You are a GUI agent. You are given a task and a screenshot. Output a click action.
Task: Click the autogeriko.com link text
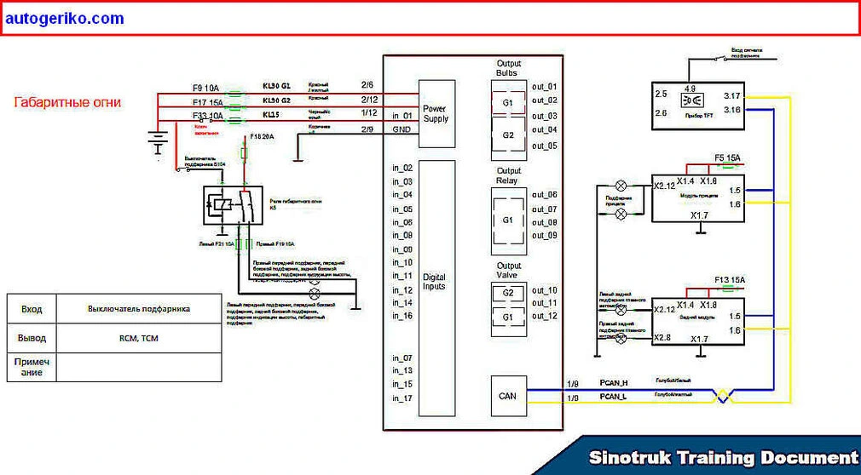pos(65,19)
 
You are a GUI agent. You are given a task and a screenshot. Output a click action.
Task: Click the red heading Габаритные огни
pos(67,102)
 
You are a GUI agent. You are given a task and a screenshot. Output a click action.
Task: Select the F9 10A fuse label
pos(206,88)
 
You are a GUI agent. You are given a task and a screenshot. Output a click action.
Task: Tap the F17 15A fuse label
pos(207,101)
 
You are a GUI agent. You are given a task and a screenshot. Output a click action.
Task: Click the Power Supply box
pos(436,113)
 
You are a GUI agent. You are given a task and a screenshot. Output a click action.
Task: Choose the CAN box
pos(508,396)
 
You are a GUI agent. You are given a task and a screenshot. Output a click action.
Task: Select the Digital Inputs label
pos(434,282)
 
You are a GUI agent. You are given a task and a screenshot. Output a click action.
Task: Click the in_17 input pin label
pos(402,398)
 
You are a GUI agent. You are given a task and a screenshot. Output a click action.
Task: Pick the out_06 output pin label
pos(544,195)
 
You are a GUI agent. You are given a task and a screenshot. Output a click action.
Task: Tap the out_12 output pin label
pos(544,316)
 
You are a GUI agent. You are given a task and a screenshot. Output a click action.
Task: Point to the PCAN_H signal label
pos(613,384)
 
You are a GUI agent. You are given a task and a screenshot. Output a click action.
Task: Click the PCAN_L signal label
pos(613,398)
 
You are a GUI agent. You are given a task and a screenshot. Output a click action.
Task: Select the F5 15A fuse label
pos(727,157)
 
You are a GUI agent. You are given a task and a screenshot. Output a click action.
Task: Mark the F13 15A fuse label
pos(731,280)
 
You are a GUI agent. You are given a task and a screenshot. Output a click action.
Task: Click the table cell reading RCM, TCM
pos(139,338)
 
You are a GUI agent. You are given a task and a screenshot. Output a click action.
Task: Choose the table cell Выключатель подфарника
pos(139,308)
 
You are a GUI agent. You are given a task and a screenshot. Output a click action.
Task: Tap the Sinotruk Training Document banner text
pos(723,458)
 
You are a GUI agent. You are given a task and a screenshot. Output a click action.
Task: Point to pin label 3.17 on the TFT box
pos(731,95)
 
